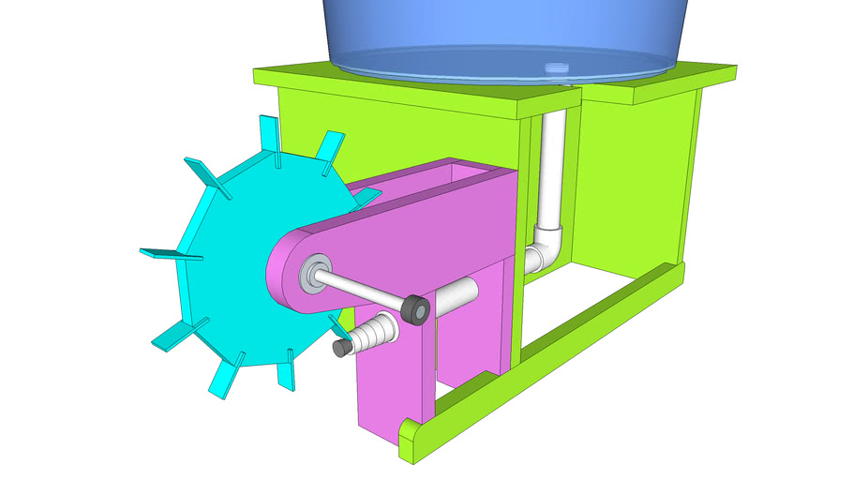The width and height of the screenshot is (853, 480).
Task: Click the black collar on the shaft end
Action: coord(416,309)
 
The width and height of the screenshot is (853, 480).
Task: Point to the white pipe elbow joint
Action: coord(544,248)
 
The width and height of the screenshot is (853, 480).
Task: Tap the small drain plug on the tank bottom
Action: coord(556,67)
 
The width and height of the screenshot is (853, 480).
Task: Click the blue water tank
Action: coord(506,33)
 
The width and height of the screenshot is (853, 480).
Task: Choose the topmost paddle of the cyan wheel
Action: coord(269,131)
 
